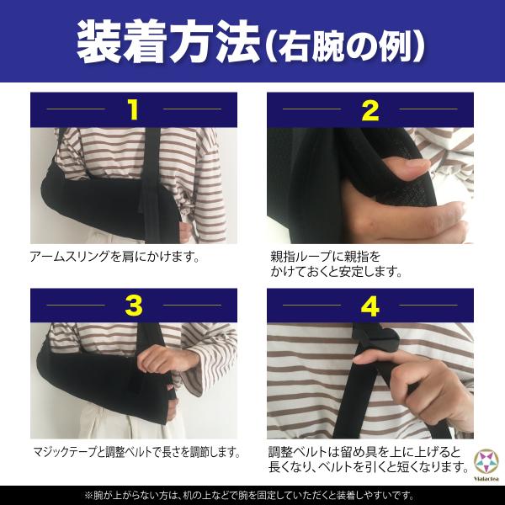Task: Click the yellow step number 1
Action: click(x=133, y=109)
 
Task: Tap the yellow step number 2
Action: click(x=370, y=111)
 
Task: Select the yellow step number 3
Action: click(x=134, y=306)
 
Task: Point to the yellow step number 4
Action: click(x=370, y=306)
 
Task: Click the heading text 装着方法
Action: click(x=168, y=42)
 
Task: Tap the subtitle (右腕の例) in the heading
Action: click(x=345, y=46)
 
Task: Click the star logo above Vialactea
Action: click(x=486, y=461)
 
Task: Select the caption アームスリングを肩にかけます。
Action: click(x=114, y=257)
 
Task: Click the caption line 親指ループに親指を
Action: click(x=325, y=257)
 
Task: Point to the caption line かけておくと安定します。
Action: click(x=337, y=272)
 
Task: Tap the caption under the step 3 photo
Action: click(x=137, y=452)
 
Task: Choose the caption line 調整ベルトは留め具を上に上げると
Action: click(x=364, y=452)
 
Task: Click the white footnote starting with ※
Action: click(x=249, y=496)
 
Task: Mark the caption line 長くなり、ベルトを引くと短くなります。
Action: click(x=369, y=467)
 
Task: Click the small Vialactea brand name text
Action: click(x=486, y=479)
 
